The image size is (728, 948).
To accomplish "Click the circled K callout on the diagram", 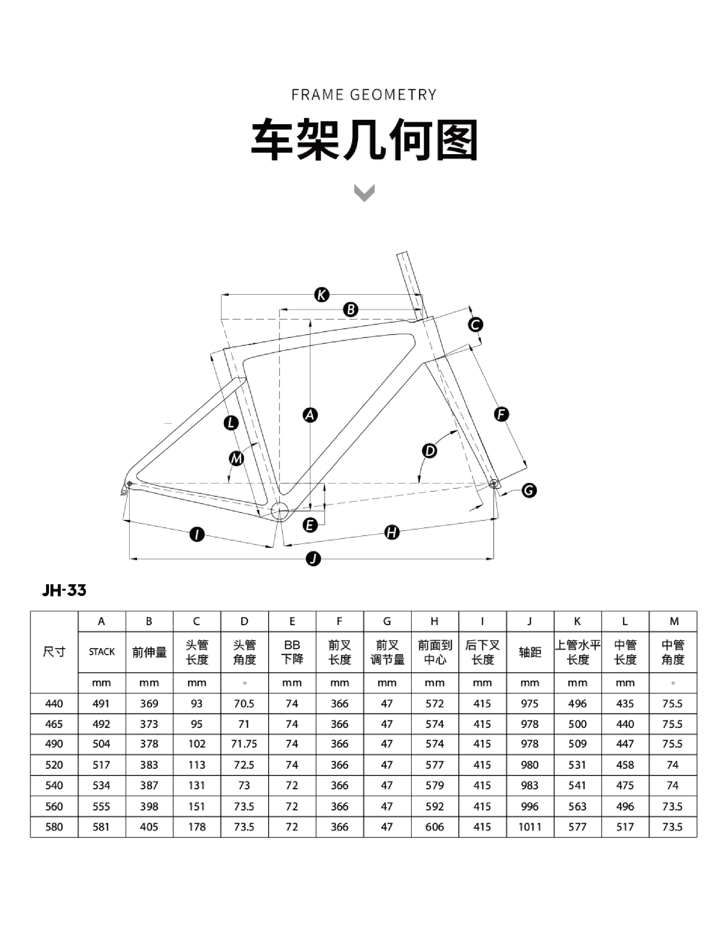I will point(322,295).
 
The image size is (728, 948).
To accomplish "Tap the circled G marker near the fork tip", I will point(529,491).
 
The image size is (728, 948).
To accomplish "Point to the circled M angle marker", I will point(236,459).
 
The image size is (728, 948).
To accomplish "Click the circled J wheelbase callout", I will point(313,559).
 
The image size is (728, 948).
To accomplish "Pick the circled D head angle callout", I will point(429,451).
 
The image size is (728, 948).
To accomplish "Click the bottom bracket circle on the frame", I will point(280,511).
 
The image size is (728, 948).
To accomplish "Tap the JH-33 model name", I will point(64,590).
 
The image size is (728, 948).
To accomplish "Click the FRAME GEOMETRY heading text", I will point(364,95).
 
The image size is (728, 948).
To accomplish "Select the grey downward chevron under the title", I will point(364,193).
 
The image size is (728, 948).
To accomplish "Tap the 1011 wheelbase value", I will point(530,827).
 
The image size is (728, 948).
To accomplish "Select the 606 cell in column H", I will point(435,827).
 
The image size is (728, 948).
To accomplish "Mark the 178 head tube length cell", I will point(197,827).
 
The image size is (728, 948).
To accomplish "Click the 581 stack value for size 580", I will point(102,827).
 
